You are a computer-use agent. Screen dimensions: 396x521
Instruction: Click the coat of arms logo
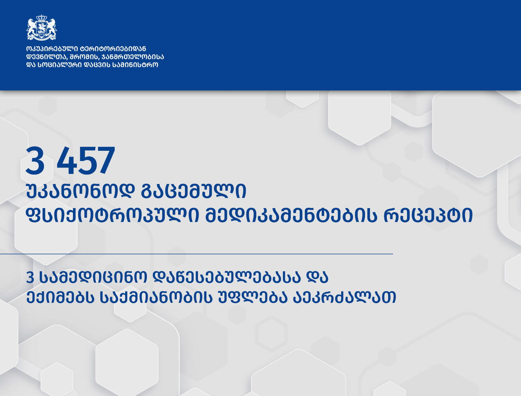click(x=41, y=28)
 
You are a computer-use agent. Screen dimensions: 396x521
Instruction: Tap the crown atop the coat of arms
click(x=41, y=17)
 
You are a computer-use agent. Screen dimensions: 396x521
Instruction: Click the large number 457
click(x=86, y=161)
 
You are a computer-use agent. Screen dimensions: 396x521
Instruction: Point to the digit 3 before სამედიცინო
click(x=30, y=277)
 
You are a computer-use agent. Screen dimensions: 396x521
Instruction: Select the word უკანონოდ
click(x=80, y=191)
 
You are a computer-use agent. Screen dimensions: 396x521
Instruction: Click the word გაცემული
click(x=193, y=191)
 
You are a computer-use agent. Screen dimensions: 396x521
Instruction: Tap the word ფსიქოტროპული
click(x=112, y=216)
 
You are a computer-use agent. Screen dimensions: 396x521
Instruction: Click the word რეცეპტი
click(x=428, y=216)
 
